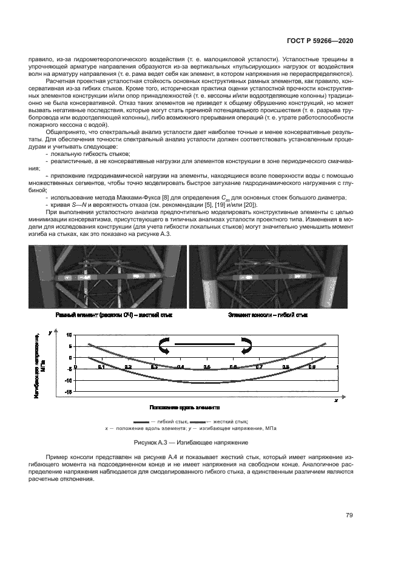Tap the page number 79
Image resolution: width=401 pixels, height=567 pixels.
pos(349,515)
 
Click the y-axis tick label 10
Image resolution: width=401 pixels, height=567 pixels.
pos(69,335)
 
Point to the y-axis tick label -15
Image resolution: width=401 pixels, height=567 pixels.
pos(69,392)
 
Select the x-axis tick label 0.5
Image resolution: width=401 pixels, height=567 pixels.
pos(207,367)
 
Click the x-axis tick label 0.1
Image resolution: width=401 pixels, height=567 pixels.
pos(101,367)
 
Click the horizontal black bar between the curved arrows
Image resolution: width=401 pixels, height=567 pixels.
pos(204,344)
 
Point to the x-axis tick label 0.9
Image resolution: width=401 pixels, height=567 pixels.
pos(312,367)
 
